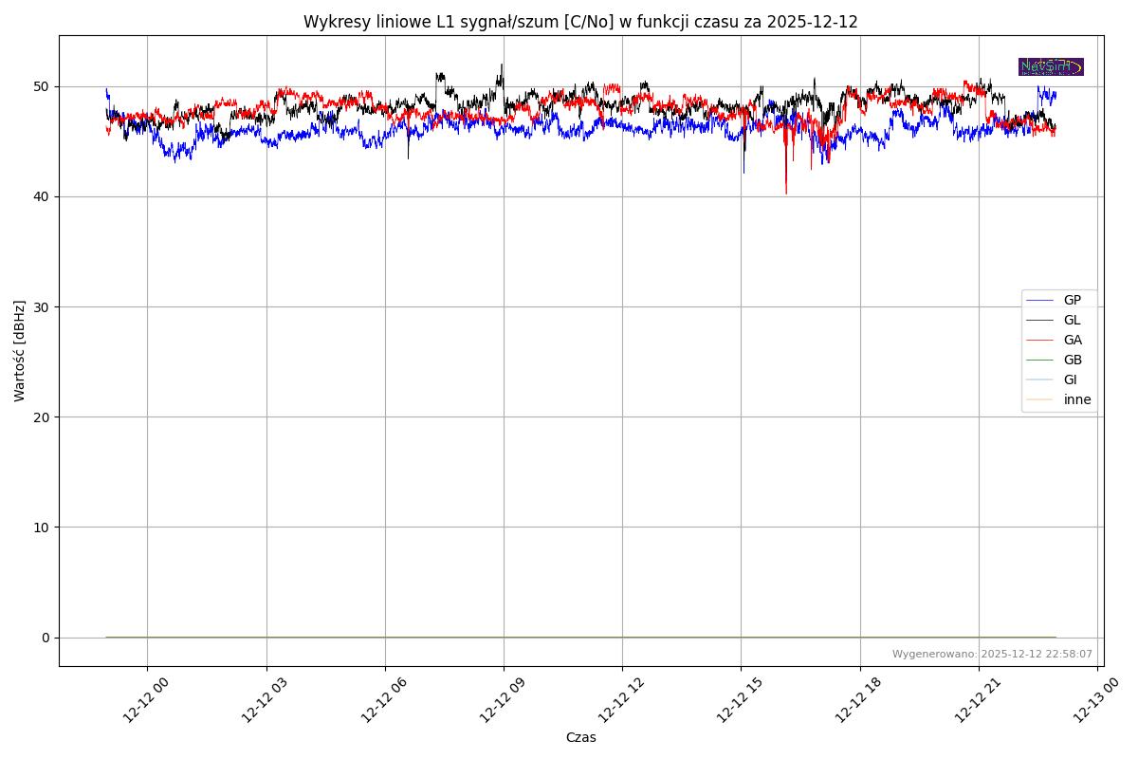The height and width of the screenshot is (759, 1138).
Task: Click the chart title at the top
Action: tap(580, 22)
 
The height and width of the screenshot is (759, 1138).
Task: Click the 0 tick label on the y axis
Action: tap(46, 637)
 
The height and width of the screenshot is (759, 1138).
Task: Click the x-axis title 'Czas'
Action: tap(580, 737)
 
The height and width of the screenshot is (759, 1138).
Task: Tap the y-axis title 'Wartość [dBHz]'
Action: tap(20, 350)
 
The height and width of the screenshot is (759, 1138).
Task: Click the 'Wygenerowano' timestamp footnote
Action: tap(992, 654)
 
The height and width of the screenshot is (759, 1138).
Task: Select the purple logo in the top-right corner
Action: tap(1051, 66)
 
